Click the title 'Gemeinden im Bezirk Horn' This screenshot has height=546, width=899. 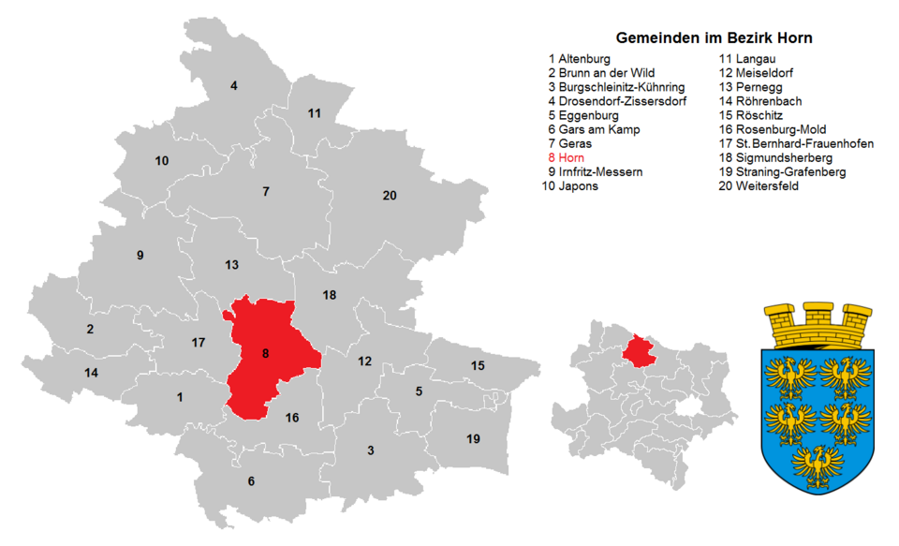pyautogui.click(x=714, y=38)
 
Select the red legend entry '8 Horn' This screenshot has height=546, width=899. pyautogui.click(x=567, y=158)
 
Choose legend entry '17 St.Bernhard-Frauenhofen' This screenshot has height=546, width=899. pyautogui.click(x=796, y=143)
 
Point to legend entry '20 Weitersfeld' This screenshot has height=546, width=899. pyautogui.click(x=759, y=186)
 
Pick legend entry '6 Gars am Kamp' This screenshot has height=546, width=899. pyautogui.click(x=594, y=129)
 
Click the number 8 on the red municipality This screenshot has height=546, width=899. pyautogui.click(x=266, y=353)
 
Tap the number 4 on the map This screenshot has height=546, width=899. pyautogui.click(x=234, y=86)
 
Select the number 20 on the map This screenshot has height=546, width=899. pyautogui.click(x=390, y=196)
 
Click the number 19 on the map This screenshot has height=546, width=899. pyautogui.click(x=473, y=438)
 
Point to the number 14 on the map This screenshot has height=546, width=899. pyautogui.click(x=91, y=373)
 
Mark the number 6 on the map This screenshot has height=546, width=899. pyautogui.click(x=251, y=481)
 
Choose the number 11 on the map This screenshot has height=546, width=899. pyautogui.click(x=315, y=113)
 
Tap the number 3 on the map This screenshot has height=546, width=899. pyautogui.click(x=371, y=450)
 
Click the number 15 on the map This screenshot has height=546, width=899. pyautogui.click(x=478, y=365)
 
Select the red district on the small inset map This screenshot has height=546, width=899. pyautogui.click(x=640, y=350)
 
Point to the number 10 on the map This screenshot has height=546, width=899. pyautogui.click(x=162, y=161)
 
